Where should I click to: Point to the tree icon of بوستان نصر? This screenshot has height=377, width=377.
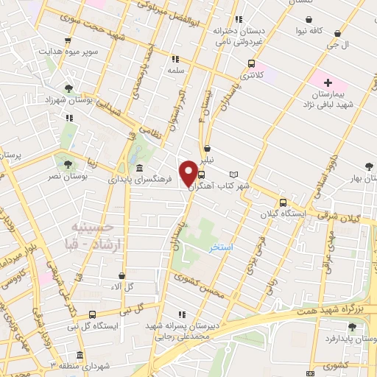click(x=68, y=164)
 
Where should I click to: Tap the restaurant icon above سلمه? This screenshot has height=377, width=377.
click(x=175, y=58)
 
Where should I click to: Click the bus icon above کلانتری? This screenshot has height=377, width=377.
click(x=251, y=63)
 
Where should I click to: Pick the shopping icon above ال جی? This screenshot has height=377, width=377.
click(x=337, y=33)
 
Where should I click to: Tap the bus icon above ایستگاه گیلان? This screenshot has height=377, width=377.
click(x=283, y=203)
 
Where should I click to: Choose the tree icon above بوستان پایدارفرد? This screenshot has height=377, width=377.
click(x=347, y=326)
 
